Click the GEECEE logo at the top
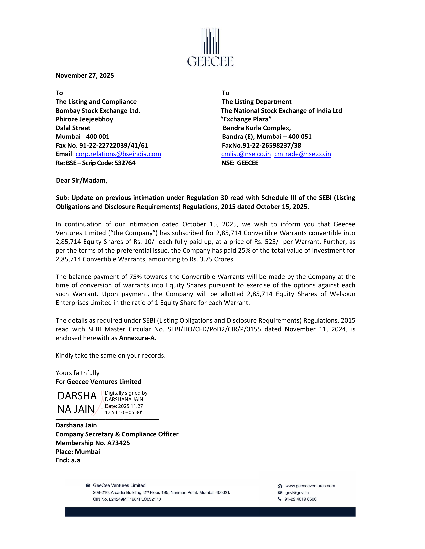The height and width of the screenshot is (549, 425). pyautogui.click(x=210, y=48)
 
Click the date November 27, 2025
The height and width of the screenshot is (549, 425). pyautogui.click(x=85, y=75)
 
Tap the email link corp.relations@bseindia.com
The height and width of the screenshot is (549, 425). pyautogui.click(x=118, y=154)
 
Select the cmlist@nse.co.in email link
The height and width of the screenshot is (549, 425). pyautogui.click(x=246, y=154)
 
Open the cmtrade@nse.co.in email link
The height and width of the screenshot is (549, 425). pyautogui.click(x=303, y=154)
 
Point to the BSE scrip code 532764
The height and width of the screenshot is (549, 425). pyautogui.click(x=125, y=163)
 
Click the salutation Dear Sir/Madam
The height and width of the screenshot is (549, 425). pyautogui.click(x=81, y=180)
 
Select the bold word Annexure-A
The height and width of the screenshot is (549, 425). pyautogui.click(x=138, y=338)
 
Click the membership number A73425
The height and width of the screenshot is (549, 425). pyautogui.click(x=118, y=443)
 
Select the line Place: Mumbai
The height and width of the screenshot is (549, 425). pyautogui.click(x=78, y=452)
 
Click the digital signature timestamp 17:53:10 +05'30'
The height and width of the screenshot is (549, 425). pyautogui.click(x=123, y=412)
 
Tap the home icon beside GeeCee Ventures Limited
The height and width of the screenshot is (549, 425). pyautogui.click(x=88, y=485)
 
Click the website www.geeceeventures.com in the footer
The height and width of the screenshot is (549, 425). pyautogui.click(x=310, y=486)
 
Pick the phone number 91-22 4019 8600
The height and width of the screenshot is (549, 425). pyautogui.click(x=300, y=499)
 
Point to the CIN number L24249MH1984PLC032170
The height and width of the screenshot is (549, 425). pyautogui.click(x=135, y=499)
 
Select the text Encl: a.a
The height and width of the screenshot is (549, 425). pyautogui.click(x=68, y=460)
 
